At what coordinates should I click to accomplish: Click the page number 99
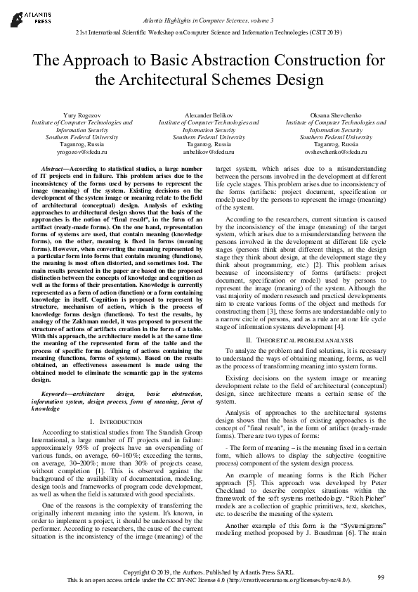click(x=381, y=578)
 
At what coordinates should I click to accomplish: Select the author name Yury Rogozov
click(x=77, y=114)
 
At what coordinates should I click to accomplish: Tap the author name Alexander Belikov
click(x=209, y=114)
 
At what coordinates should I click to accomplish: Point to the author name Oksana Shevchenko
click(x=341, y=114)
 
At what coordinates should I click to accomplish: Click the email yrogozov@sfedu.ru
click(x=77, y=152)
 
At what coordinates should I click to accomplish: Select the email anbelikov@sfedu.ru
click(x=209, y=152)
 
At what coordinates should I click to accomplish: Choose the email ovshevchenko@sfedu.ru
click(x=341, y=152)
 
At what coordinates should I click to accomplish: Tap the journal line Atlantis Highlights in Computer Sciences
click(x=209, y=7)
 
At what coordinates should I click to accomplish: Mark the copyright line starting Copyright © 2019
click(x=209, y=572)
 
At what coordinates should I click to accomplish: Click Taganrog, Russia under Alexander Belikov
click(x=209, y=144)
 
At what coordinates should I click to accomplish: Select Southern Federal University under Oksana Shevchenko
click(x=341, y=137)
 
